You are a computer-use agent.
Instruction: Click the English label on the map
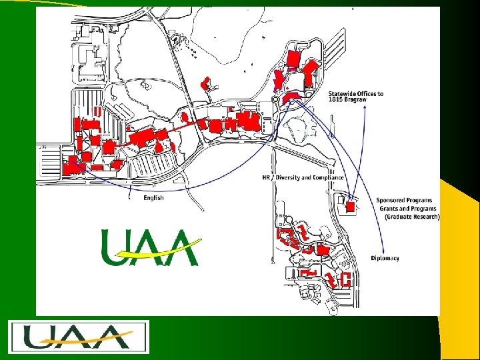click(x=153, y=197)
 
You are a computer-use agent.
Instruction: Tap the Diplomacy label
click(x=385, y=258)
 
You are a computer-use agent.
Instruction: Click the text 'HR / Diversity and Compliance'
click(x=303, y=178)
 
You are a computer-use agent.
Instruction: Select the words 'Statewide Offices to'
click(x=355, y=93)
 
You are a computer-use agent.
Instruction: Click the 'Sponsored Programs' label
click(x=404, y=200)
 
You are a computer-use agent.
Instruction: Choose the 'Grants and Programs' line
click(x=408, y=208)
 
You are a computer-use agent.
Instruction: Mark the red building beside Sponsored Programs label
click(x=351, y=207)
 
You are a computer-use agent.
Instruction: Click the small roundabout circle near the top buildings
click(x=275, y=99)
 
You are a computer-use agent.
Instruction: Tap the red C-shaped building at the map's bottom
click(x=345, y=279)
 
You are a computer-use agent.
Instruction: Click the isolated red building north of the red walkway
click(x=205, y=84)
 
